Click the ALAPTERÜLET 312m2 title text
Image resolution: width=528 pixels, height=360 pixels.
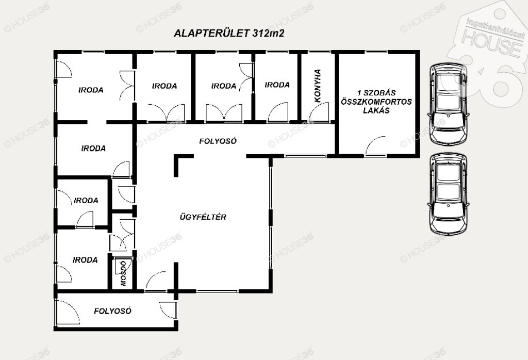pos(229,34)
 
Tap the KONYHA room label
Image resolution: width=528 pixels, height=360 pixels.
pos(318,86)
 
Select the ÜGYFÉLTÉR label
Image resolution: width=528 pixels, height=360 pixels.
pos(203,217)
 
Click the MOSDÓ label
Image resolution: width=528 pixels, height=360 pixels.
pos(123,273)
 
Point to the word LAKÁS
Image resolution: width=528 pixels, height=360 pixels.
pos(376,110)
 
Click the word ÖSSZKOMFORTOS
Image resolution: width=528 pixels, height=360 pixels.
pos(376,102)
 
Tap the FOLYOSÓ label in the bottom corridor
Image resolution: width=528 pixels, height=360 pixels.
pos(112,311)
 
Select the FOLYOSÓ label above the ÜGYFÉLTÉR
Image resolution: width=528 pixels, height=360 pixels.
pos(218,141)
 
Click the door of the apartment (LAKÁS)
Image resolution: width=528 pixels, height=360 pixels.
pos(375,147)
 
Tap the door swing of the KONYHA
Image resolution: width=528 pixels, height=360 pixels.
pos(319,112)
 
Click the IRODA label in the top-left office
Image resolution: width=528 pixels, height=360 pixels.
pos(91,90)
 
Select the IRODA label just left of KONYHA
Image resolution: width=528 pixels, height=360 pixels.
pos(277,85)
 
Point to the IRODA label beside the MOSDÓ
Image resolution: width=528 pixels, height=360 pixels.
pos(85,260)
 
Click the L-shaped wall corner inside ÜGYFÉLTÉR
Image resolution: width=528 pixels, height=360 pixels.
pos(176,157)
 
